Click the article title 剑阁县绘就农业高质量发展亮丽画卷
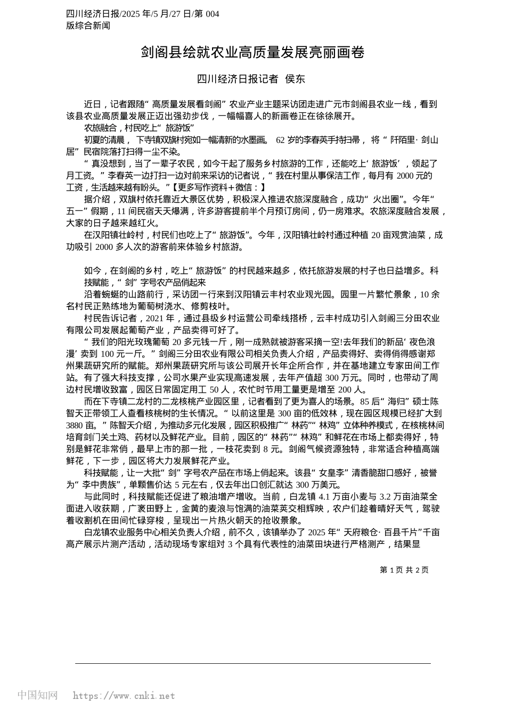click(x=253, y=52)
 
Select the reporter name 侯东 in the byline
click(x=296, y=79)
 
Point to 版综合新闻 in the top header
click(x=88, y=25)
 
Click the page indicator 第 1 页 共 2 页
click(x=404, y=570)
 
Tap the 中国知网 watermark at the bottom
click(x=38, y=695)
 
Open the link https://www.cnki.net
click(x=124, y=696)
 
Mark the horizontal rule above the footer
click(x=253, y=663)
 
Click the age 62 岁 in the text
click(x=287, y=140)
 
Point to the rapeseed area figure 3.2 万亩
click(x=397, y=497)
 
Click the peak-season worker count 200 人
click(x=352, y=389)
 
